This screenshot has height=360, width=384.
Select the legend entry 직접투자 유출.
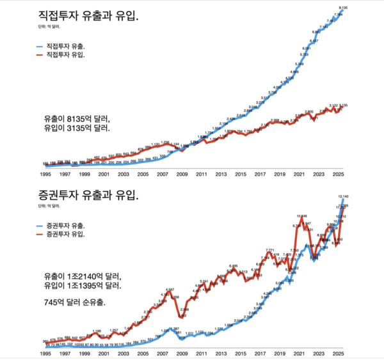click(67, 47)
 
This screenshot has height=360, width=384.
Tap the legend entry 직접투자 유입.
click(67, 55)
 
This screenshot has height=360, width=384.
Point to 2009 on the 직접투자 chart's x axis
click(182, 173)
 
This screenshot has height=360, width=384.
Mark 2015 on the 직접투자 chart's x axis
click(240, 173)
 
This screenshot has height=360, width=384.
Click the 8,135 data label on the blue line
click(342, 7)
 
